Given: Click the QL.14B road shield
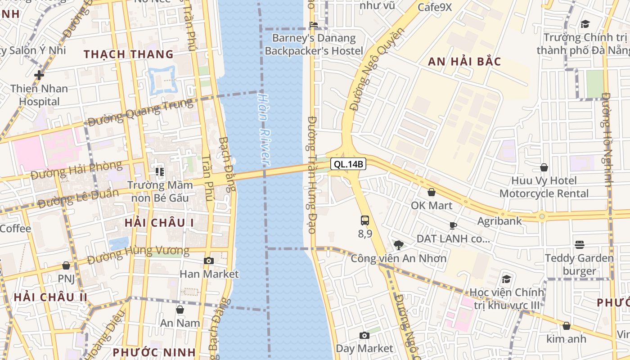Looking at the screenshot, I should click(348, 164).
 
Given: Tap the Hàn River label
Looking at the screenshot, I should click(264, 128).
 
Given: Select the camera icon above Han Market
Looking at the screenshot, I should click(208, 261).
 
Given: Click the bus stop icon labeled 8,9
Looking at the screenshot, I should click(365, 220).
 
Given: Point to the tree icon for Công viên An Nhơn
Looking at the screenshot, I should click(398, 245).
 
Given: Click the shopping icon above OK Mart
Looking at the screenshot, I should click(432, 192).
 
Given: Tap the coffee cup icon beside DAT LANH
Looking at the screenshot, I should click(453, 225).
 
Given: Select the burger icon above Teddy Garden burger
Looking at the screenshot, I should click(579, 245).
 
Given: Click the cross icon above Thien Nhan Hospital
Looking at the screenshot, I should click(39, 75).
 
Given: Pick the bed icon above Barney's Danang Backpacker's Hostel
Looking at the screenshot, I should click(314, 24).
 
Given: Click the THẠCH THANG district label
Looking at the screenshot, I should click(129, 54).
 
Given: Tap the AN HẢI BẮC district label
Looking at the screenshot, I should click(464, 62).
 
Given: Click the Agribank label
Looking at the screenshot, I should click(499, 221).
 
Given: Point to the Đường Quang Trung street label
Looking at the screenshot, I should click(140, 112).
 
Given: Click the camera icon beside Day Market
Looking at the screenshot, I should click(364, 335).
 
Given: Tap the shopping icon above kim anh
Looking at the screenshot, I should click(566, 325).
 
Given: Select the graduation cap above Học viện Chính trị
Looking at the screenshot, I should click(506, 279).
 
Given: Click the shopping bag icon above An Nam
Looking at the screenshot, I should click(180, 310).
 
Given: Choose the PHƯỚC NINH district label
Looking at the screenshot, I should click(154, 352).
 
